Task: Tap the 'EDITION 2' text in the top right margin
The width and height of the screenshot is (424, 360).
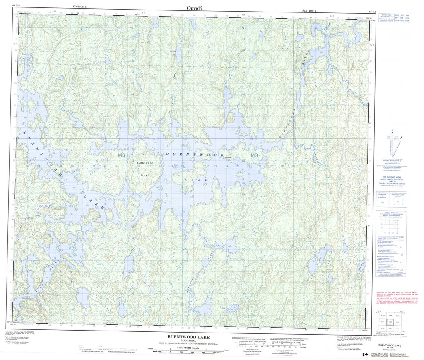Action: [309, 10]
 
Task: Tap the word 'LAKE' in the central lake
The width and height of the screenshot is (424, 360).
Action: [191, 181]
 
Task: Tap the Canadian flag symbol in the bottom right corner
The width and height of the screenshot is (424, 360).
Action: [366, 355]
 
